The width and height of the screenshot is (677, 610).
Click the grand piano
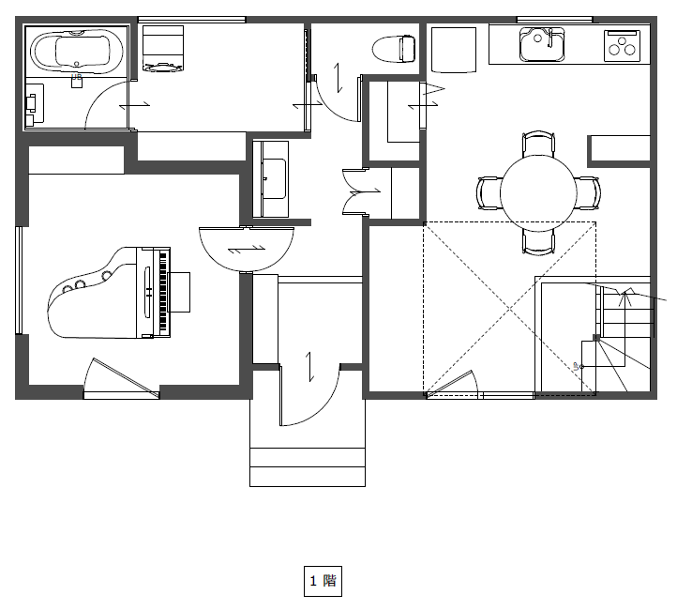click(108, 293)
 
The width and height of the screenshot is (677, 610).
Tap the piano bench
click(179, 292)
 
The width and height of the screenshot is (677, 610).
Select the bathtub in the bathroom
click(77, 50)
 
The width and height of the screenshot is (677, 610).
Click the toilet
click(394, 49)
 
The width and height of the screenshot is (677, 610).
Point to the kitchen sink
click(542, 44)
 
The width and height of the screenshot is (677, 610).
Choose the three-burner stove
click(622, 45)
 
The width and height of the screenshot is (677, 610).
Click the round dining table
click(538, 193)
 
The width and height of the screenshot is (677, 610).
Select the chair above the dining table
click(538, 145)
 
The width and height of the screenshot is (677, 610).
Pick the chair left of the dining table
click(489, 193)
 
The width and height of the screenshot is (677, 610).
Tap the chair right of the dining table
click(588, 193)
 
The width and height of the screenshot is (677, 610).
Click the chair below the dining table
click(538, 241)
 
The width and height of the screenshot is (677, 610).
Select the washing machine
click(163, 48)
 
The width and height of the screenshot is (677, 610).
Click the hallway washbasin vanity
click(271, 179)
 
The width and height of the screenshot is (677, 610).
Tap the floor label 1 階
click(323, 581)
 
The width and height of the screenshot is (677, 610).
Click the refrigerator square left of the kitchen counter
click(453, 50)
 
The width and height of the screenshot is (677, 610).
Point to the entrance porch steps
click(308, 467)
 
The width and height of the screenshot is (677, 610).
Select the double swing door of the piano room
click(246, 250)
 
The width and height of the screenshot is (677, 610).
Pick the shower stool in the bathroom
click(77, 82)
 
